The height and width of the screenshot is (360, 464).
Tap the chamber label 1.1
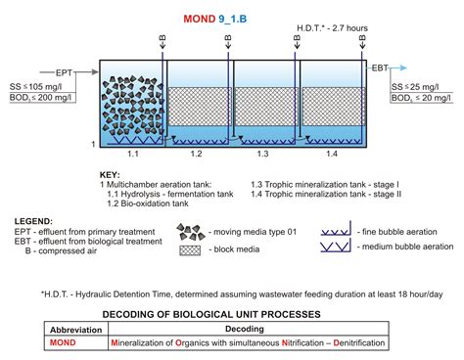click(133, 155)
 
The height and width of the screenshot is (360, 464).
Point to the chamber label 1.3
click(262, 155)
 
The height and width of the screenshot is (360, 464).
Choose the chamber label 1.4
click(330, 155)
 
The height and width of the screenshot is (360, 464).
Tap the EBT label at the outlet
click(380, 68)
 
